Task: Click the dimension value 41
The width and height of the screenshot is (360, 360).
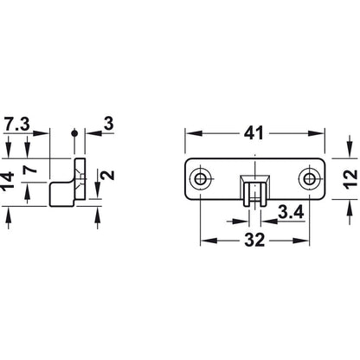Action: pos(254,133)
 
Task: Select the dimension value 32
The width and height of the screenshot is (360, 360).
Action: pos(254,240)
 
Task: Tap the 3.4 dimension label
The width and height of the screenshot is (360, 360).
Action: pos(291,213)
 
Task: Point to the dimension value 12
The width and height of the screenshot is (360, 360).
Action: pos(350,179)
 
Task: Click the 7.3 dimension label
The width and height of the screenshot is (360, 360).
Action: pos(17,125)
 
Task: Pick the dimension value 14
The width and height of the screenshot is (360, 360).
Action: pos(8,181)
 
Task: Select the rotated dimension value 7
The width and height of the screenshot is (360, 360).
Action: pos(30,168)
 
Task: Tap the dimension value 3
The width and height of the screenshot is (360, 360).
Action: pos(108,124)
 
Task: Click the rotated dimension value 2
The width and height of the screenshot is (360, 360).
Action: pos(108,175)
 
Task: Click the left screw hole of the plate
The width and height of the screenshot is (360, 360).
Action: pos(199,179)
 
